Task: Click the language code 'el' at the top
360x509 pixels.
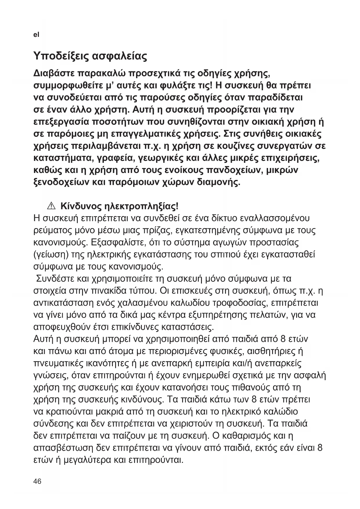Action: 36,35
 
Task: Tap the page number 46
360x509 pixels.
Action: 37,481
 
